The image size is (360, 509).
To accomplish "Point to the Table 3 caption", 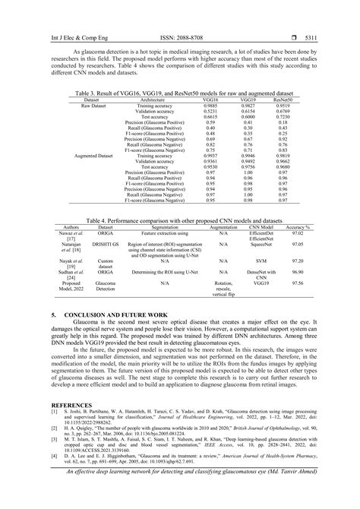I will (179, 93).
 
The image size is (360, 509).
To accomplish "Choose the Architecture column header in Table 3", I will (153, 99).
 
